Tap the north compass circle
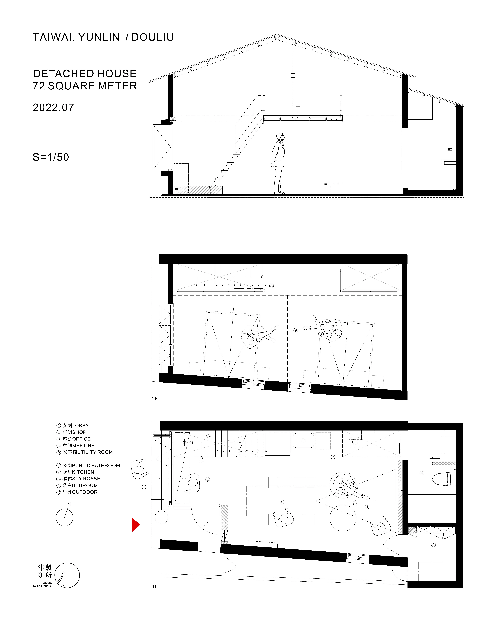(64, 518)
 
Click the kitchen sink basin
(303, 441)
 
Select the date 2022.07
(53, 108)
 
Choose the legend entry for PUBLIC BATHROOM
(88, 465)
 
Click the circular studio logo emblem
(67, 575)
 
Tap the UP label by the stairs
(201, 462)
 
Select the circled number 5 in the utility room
(433, 544)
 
